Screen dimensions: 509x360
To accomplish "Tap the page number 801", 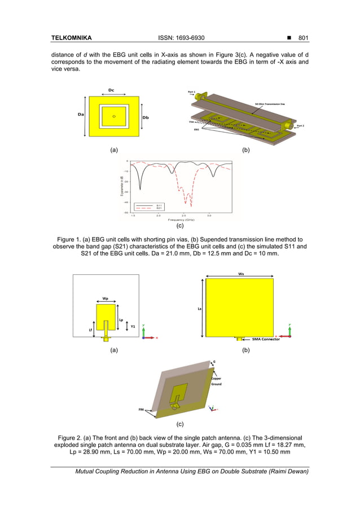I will pos(303,38).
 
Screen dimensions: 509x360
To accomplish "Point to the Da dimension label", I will pos(81,114).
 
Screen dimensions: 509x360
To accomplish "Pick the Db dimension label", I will pos(146,117).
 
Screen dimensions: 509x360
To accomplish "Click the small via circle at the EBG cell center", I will pos(114,116).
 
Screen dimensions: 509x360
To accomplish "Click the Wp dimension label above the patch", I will pos(106,299).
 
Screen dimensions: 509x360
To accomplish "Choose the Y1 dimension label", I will pos(133,326).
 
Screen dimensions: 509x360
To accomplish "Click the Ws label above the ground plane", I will pos(241,274).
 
